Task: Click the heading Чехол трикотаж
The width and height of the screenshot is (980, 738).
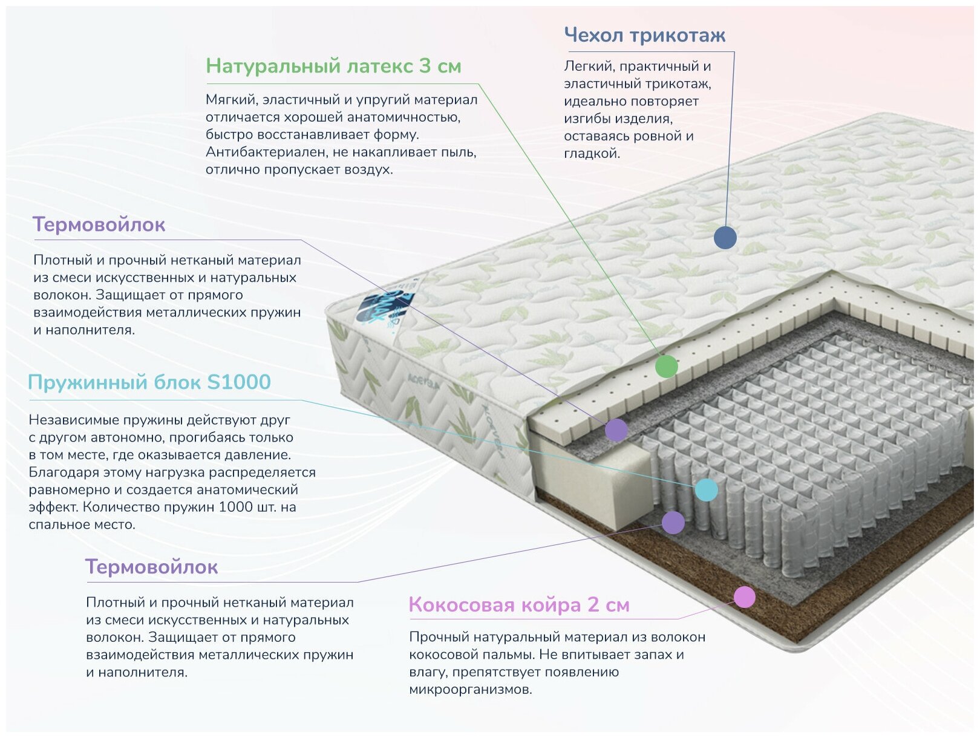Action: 644,35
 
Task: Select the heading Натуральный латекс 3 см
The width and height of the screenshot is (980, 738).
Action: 333,65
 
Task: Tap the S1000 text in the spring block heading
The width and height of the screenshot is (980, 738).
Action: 238,382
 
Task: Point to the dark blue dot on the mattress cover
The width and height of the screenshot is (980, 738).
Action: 725,237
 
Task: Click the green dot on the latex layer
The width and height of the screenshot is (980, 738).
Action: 666,367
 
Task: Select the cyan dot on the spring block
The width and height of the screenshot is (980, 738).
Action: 706,489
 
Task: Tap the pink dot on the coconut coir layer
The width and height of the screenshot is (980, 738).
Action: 744,597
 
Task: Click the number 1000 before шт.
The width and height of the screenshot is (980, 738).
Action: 235,507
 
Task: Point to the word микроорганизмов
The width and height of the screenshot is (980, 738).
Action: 470,689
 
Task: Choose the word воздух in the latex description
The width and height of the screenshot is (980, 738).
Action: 368,169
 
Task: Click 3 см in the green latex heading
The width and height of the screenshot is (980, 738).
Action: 440,65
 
